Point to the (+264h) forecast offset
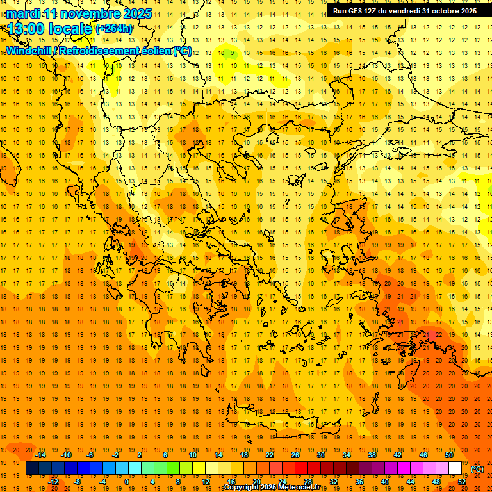tap(114, 28)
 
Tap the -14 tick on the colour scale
tap(40, 455)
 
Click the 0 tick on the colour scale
tap(126, 482)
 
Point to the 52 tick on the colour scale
tap(462, 482)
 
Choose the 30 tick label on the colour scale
tap(320, 455)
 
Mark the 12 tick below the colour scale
tap(206, 482)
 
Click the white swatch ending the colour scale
tap(455, 468)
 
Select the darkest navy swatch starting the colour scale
tap(32, 468)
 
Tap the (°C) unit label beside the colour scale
tap(477, 469)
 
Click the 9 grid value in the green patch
tap(232, 53)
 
